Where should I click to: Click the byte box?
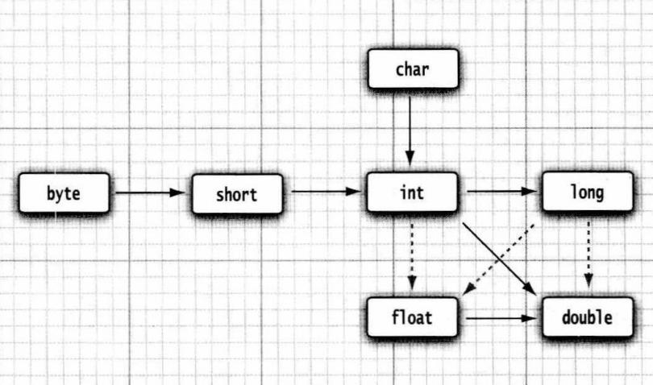(x=64, y=193)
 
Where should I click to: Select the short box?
(x=237, y=194)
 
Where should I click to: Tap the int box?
(x=412, y=193)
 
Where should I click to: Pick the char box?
(x=412, y=68)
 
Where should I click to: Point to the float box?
(x=412, y=317)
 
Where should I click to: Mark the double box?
(x=587, y=317)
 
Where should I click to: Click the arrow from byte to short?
(x=150, y=193)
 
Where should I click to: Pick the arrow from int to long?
(x=501, y=192)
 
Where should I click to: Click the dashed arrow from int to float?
(x=412, y=254)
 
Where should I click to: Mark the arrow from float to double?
(x=500, y=318)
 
